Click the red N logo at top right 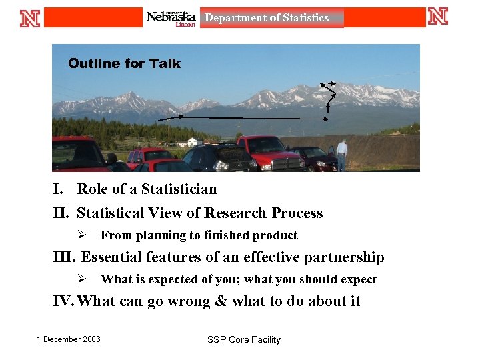tap(437, 16)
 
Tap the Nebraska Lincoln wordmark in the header tap(171, 18)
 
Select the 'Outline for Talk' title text tap(124, 63)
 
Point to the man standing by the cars tap(341, 155)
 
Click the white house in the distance tap(193, 142)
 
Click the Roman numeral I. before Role tap(59, 189)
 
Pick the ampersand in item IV tap(221, 301)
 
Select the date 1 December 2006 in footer tap(69, 339)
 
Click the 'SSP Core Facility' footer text tap(243, 340)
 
